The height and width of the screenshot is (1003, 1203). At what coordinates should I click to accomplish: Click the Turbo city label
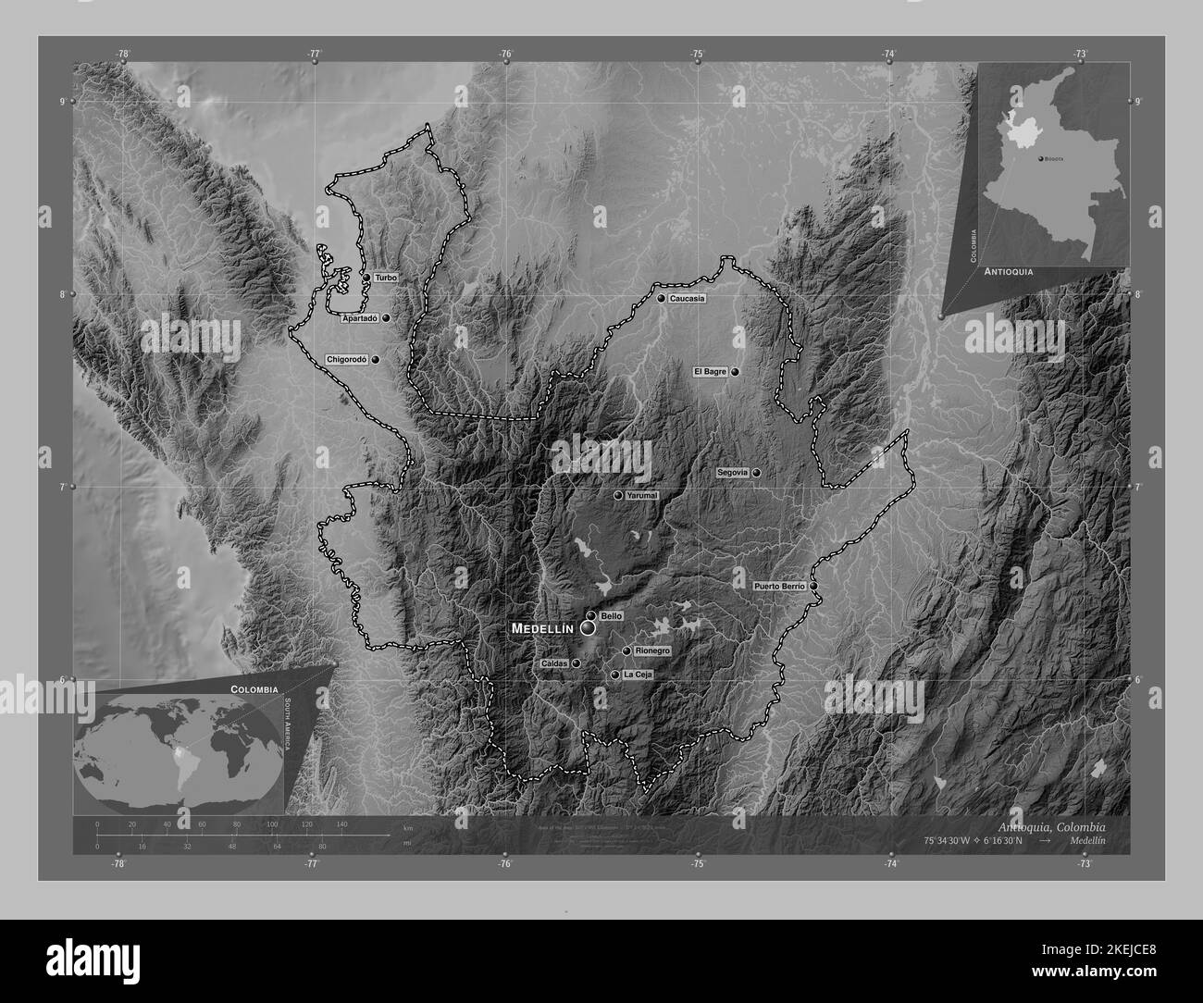(x=386, y=278)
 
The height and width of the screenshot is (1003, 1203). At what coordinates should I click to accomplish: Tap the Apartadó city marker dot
(x=385, y=317)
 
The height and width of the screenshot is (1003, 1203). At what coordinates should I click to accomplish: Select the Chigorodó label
(x=347, y=359)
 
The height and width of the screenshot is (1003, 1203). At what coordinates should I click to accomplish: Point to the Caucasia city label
(x=688, y=299)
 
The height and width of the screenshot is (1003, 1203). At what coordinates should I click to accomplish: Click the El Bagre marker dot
(x=735, y=372)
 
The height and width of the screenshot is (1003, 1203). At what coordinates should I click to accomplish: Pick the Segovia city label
(x=732, y=473)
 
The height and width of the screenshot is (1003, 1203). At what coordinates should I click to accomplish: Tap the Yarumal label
(x=641, y=496)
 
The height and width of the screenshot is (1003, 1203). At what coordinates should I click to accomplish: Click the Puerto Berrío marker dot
(x=813, y=586)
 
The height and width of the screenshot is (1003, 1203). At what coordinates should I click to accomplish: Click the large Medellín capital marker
(x=589, y=628)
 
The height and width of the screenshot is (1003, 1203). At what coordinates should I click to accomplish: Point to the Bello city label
(x=611, y=615)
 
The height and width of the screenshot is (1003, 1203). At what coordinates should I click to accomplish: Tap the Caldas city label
(x=553, y=663)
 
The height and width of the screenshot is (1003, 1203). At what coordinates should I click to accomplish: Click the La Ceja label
(x=638, y=675)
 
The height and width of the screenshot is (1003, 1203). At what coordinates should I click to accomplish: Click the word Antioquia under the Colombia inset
(x=1010, y=273)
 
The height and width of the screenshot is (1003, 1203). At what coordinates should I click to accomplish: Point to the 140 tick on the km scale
(x=341, y=823)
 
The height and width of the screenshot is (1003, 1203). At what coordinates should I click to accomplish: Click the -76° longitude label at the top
(x=505, y=55)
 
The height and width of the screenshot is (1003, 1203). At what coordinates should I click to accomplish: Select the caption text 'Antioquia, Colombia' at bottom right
(x=1051, y=825)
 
